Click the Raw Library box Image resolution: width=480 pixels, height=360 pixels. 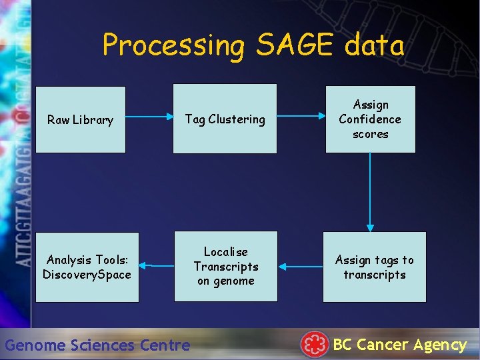point(80,120)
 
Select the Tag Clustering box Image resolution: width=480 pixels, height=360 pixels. point(225,119)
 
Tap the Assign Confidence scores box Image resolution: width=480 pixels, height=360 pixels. point(370,119)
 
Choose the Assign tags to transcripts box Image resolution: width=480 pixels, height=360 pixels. point(374,267)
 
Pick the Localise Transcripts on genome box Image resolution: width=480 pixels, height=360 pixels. point(225,267)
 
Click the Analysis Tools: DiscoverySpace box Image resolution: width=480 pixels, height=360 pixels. point(87,267)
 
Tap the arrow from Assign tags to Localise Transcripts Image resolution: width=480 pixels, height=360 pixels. point(300,267)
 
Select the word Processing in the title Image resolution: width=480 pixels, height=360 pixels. point(174,45)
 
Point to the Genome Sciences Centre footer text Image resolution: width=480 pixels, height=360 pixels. point(97,345)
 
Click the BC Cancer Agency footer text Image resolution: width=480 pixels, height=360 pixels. point(399,345)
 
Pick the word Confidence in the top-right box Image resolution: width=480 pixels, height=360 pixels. point(370,119)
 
